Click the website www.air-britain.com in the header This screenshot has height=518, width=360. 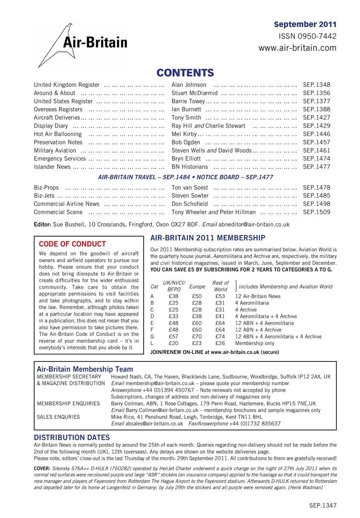(297, 48)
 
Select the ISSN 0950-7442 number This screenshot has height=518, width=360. (307, 36)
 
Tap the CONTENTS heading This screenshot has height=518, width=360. (185, 73)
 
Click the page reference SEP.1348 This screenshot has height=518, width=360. (316, 85)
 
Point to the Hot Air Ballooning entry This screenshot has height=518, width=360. (58, 134)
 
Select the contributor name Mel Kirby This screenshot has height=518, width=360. (184, 134)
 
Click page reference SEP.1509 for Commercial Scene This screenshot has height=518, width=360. (316, 212)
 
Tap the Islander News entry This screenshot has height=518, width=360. (52, 167)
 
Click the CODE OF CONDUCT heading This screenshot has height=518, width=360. (72, 244)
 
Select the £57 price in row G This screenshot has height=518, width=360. (174, 336)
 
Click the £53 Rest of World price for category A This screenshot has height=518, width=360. (220, 296)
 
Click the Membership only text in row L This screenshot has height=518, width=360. (254, 343)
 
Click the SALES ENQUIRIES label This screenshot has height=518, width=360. (58, 416)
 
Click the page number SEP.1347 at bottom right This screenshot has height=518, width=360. (323, 505)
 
